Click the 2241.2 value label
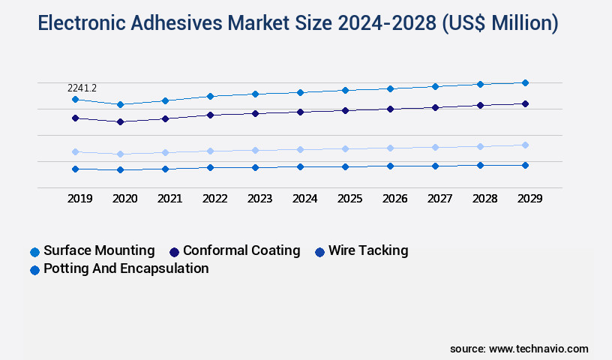pyautogui.click(x=82, y=88)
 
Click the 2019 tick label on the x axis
pyautogui.click(x=80, y=199)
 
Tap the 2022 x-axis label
pyautogui.click(x=215, y=199)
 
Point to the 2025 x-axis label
pyautogui.click(x=350, y=199)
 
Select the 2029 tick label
pyautogui.click(x=530, y=199)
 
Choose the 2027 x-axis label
pyautogui.click(x=440, y=199)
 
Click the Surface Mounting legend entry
pyautogui.click(x=98, y=250)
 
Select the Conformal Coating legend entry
pyautogui.click(x=241, y=250)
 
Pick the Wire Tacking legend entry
pyautogui.click(x=367, y=250)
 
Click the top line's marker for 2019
pyautogui.click(x=75, y=99)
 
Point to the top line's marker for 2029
pyautogui.click(x=525, y=82)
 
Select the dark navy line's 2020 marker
pyautogui.click(x=120, y=121)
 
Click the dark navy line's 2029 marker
pyautogui.click(x=525, y=103)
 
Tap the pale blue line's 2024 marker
pyautogui.click(x=300, y=149)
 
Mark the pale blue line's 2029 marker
pyautogui.click(x=525, y=145)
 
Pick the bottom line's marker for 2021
pyautogui.click(x=165, y=169)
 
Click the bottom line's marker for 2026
pyautogui.click(x=390, y=166)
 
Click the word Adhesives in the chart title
pyautogui.click(x=176, y=23)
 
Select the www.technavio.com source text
pyautogui.click(x=538, y=349)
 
